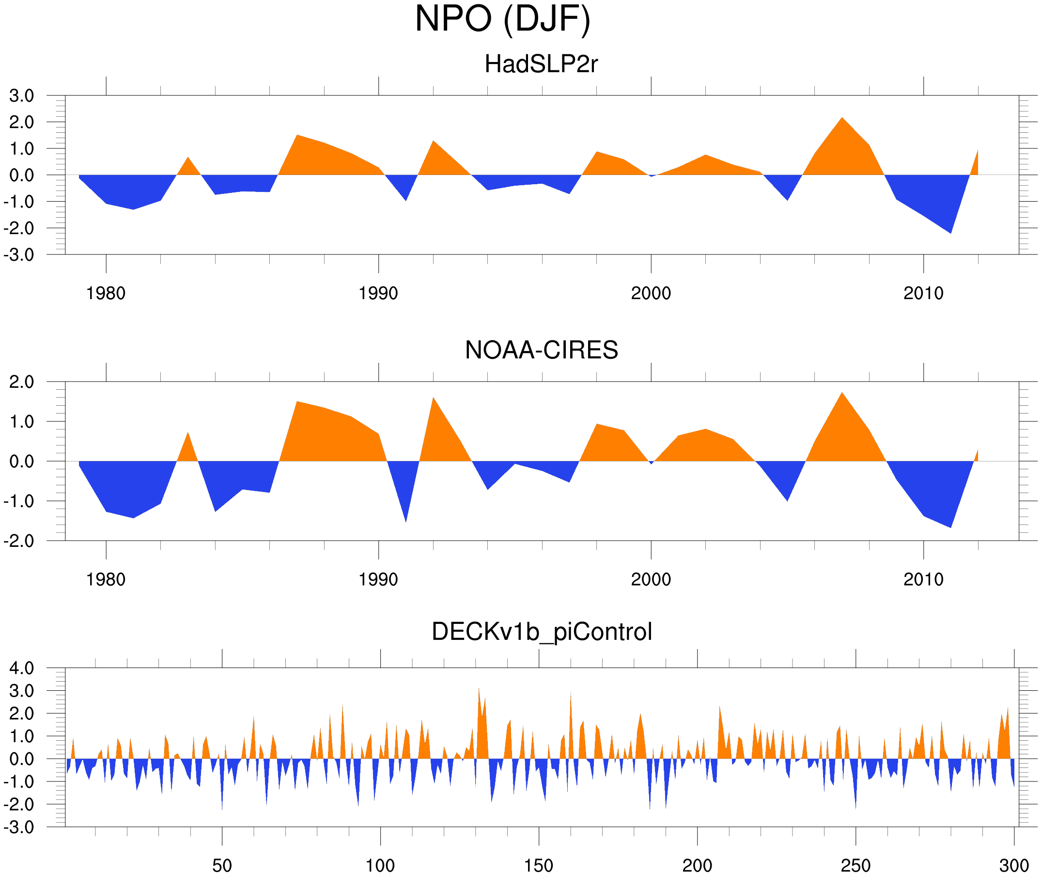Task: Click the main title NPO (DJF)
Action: [x=502, y=19]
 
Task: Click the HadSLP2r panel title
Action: [x=541, y=64]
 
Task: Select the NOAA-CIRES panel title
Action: [x=541, y=350]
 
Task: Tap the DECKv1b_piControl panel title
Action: [x=541, y=632]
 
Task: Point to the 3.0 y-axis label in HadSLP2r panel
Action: [x=21, y=96]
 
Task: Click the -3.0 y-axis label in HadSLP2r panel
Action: [x=19, y=255]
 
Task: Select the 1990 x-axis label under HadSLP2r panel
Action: [x=378, y=293]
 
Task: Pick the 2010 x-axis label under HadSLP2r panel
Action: [x=923, y=293]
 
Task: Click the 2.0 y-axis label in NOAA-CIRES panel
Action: [x=21, y=382]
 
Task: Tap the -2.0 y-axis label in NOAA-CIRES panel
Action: [x=19, y=542]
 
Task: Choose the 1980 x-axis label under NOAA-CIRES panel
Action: [x=106, y=579]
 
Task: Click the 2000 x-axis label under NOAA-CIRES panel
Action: [x=651, y=579]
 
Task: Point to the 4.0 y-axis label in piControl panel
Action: [x=21, y=669]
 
